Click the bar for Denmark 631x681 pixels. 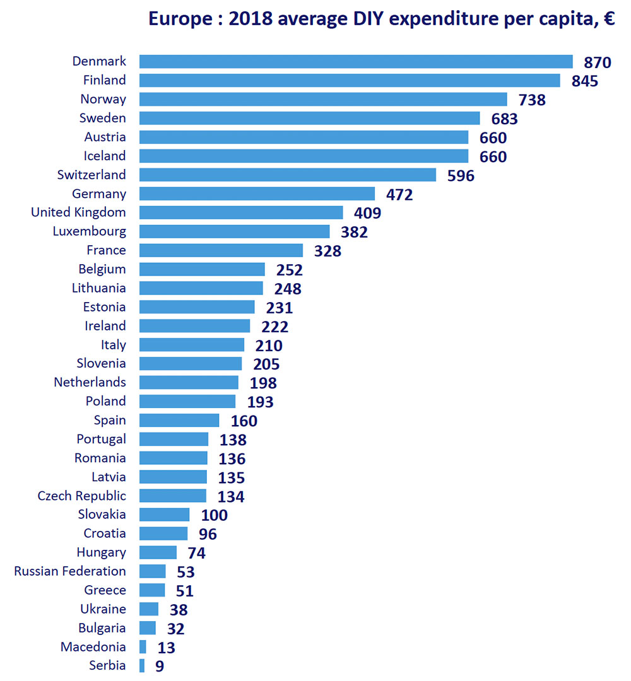pos(356,61)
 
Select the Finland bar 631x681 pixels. pos(350,80)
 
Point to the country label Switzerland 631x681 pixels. pos(91,175)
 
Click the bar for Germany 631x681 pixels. pos(257,194)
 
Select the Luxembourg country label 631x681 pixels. pos(89,231)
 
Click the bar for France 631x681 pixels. pos(221,250)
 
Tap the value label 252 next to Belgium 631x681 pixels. pos(289,270)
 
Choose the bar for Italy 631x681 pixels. pos(192,345)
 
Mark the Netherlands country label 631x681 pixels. pos(90,382)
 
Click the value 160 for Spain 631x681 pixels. pos(244,421)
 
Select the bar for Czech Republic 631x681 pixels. pos(173,496)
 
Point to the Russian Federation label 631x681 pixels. pos(69,571)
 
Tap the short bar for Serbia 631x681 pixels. pos(142,666)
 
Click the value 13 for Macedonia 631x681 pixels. pos(167,648)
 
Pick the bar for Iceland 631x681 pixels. pos(304,156)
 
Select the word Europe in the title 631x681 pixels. pos(180,20)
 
